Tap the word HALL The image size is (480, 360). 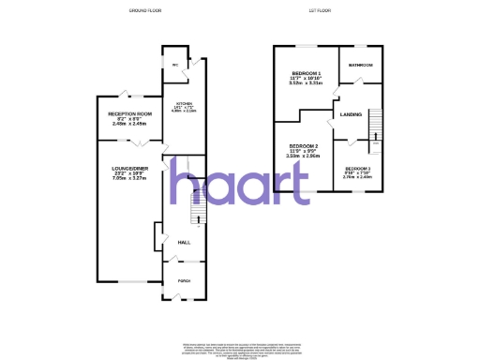tap(184, 242)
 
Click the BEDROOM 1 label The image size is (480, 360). tap(306, 73)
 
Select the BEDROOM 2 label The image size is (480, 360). tap(304, 146)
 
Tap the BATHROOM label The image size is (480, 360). tap(361, 65)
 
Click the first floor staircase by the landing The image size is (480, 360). tap(375, 126)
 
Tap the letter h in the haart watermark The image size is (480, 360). tap(186, 186)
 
